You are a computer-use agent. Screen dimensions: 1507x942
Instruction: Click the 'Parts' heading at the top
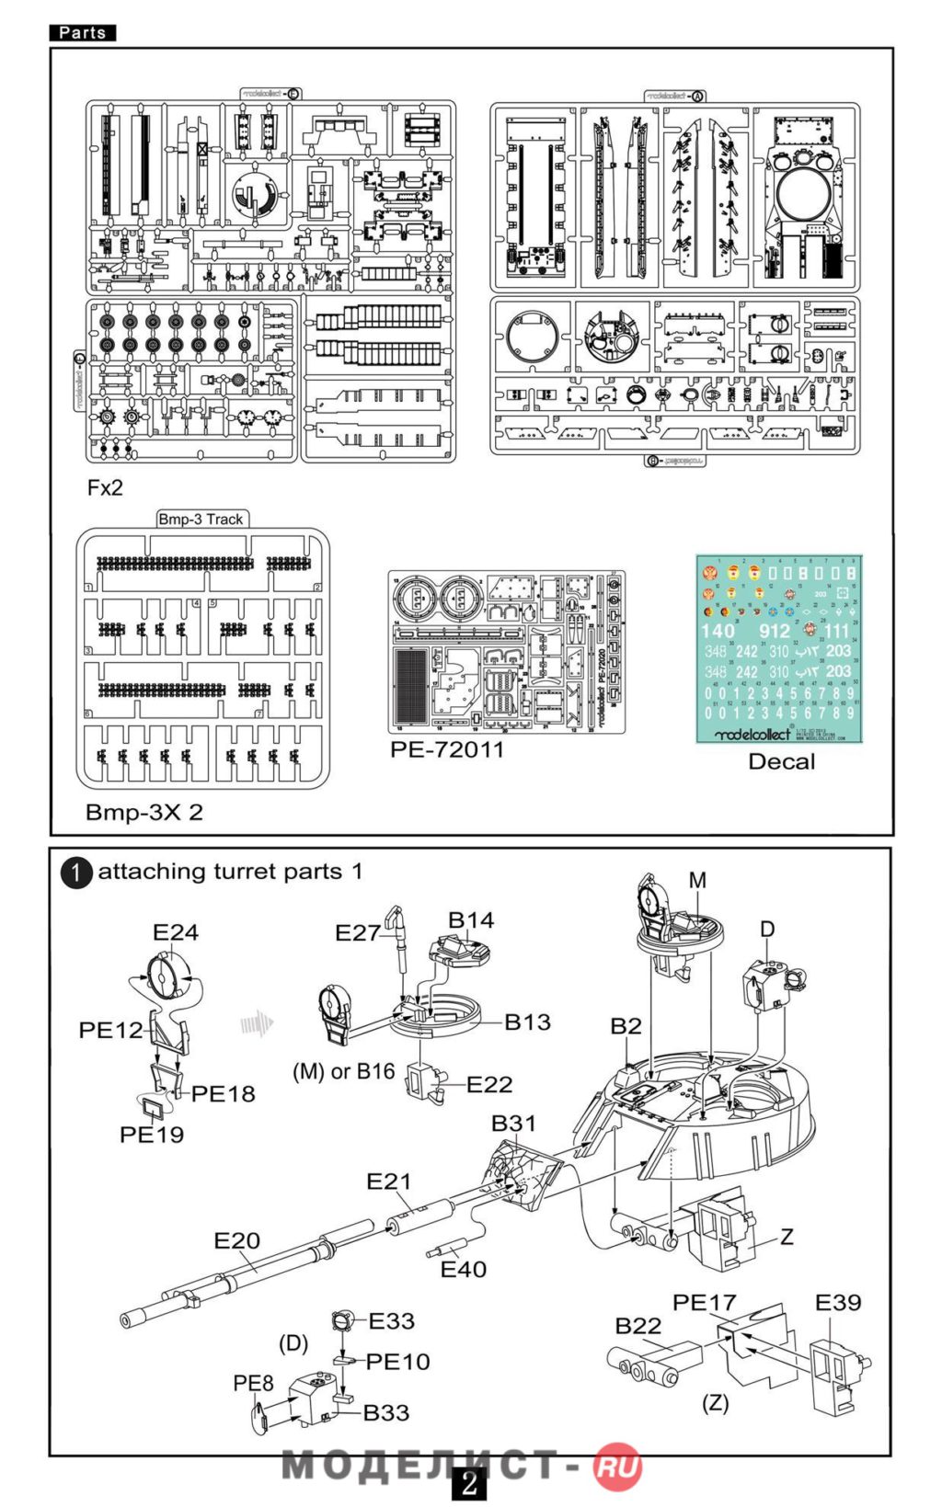82,32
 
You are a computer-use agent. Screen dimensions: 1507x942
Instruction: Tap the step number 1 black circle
76,873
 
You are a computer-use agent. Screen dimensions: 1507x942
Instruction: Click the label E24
175,932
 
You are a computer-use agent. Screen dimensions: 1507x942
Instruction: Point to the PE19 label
152,1135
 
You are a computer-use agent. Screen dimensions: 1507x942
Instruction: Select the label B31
513,1124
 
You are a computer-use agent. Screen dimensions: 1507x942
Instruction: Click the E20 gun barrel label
236,1240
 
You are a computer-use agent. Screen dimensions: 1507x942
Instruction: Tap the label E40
463,1270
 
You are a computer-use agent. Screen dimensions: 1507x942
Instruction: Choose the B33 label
385,1412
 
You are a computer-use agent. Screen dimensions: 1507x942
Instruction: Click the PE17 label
704,1303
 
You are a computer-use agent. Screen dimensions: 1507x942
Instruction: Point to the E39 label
837,1303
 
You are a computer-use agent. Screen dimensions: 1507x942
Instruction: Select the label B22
638,1326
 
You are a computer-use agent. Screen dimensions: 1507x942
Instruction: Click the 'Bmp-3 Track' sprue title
201,519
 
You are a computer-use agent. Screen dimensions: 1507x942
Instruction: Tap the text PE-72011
447,749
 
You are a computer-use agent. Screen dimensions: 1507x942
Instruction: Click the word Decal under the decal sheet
781,761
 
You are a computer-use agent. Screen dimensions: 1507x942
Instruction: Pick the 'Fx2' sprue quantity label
105,488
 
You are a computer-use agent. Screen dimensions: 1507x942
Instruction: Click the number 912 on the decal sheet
775,631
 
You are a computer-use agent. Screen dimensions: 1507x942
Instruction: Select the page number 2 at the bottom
469,1483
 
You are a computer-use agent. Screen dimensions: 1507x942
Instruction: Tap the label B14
471,920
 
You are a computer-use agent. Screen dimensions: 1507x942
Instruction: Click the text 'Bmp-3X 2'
144,813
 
